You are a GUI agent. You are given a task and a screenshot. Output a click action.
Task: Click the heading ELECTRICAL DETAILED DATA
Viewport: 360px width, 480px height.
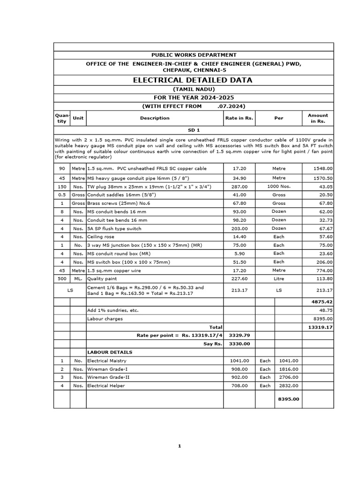pos(193,80)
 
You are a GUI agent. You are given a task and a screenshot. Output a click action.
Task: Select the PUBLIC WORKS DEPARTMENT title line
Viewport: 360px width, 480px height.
pos(193,55)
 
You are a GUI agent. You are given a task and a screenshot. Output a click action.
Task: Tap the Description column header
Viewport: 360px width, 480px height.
pos(155,118)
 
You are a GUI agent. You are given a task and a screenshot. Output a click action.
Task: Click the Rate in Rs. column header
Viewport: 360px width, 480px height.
pos(239,118)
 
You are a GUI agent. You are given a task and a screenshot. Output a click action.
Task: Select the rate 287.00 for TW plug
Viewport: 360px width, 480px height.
pos(239,187)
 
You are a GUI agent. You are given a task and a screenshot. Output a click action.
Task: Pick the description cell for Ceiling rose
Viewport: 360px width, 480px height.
pos(101,237)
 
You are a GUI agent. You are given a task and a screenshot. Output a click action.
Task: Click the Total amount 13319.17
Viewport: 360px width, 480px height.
pos(321,327)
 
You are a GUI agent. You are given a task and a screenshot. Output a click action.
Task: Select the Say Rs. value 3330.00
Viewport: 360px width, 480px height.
pos(239,344)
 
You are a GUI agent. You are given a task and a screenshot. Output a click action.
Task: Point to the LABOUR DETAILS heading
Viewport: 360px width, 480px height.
pos(110,352)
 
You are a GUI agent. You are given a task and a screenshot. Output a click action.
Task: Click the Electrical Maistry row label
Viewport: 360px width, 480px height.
pos(107,361)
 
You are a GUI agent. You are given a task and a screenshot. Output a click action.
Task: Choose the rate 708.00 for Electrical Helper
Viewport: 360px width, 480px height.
pos(239,386)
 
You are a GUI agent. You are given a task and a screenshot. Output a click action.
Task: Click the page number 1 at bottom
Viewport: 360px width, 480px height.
pos(180,446)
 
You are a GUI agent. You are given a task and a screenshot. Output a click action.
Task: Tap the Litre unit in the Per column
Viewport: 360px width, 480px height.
pos(279,278)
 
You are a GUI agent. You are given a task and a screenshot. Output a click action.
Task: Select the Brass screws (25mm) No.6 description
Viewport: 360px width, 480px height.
pos(114,203)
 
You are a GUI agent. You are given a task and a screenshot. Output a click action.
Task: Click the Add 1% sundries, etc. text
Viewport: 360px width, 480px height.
pos(113,310)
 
